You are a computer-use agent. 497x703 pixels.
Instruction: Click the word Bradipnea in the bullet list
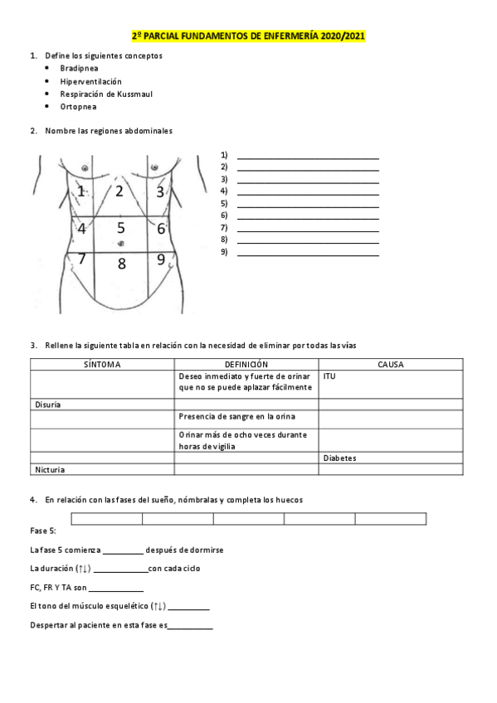(x=80, y=69)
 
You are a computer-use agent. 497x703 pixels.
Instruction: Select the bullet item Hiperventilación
(x=90, y=81)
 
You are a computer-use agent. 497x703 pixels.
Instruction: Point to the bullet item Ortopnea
(x=78, y=106)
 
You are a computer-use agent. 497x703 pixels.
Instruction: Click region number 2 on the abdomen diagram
(x=119, y=192)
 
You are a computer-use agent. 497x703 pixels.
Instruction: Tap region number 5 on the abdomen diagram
(x=121, y=226)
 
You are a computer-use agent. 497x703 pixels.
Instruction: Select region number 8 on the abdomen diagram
(x=121, y=264)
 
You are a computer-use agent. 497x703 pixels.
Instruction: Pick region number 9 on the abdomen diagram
(x=161, y=259)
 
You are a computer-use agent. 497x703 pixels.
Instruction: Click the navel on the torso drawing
(x=121, y=243)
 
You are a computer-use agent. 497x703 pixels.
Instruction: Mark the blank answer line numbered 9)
(x=308, y=253)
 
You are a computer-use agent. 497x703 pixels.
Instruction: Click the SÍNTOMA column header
(x=103, y=364)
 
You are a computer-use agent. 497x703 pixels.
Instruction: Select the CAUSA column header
(x=391, y=364)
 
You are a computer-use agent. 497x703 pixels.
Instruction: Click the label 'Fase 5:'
(x=42, y=530)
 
